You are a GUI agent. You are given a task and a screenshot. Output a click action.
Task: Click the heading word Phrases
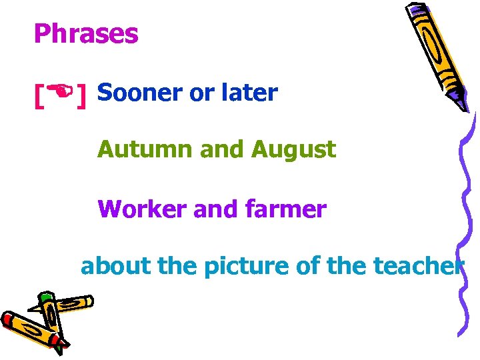click(86, 34)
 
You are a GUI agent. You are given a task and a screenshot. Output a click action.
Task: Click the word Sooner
click(140, 93)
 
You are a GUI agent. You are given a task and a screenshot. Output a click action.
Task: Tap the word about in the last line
click(115, 267)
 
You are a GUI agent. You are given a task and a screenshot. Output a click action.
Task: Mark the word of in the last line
click(308, 267)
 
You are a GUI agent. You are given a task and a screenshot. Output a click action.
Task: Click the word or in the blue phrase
click(199, 93)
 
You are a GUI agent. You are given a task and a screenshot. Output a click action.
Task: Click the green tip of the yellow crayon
click(45, 297)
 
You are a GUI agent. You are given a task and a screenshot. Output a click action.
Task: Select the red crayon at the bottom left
click(30, 330)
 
